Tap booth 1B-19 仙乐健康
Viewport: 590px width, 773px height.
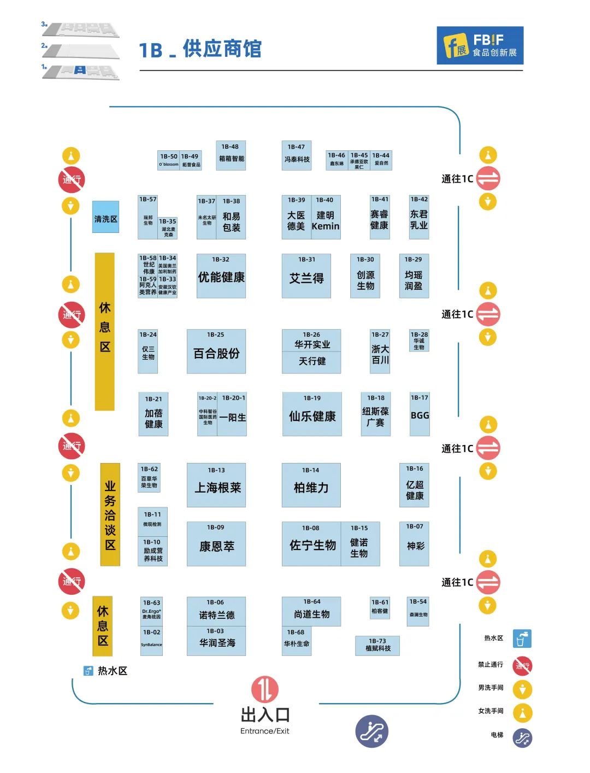312,414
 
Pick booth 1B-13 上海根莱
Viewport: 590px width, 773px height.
216,485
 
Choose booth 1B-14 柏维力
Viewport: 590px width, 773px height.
311,485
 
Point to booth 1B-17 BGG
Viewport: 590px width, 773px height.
420,414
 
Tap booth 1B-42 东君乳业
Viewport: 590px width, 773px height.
419,217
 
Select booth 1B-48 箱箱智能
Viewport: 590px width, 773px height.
231,156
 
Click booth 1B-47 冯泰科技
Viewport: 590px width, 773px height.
297,156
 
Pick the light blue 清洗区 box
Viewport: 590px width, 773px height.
105,217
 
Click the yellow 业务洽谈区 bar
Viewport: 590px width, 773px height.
110,514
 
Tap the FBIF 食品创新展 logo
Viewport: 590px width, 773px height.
480,45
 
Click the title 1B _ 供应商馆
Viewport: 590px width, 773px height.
200,49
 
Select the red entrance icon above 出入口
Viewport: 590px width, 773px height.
265,689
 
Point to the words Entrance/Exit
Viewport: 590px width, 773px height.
265,731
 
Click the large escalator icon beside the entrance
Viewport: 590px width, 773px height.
371,731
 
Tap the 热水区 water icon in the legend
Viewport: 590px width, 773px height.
522,639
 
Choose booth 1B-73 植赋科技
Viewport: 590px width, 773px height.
377,646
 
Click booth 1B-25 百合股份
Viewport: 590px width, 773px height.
216,352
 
